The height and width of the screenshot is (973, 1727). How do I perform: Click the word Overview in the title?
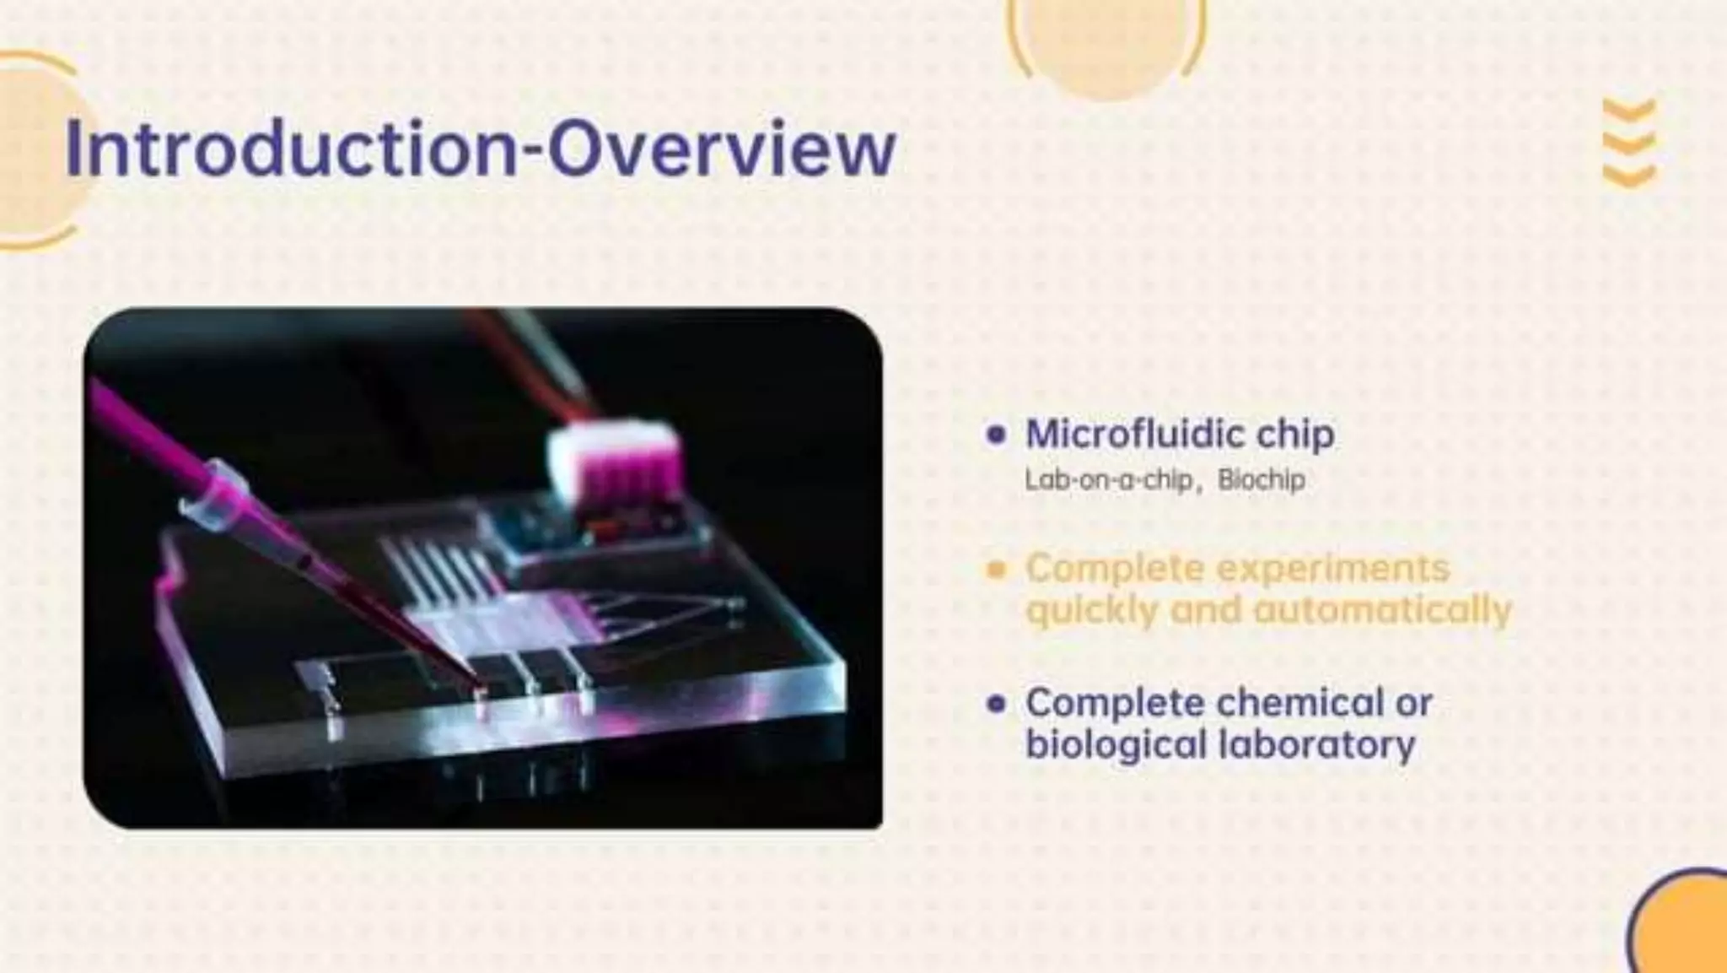722,149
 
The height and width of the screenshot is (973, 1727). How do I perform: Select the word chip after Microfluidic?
1295,435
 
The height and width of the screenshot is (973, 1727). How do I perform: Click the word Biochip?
1262,480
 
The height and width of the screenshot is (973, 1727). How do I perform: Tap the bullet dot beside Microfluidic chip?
996,435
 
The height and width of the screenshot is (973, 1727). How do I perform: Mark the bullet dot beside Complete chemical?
996,703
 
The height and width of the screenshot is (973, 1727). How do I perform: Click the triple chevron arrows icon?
1629,143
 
